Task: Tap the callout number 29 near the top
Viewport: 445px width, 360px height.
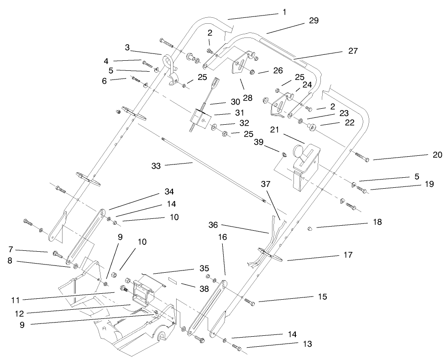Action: pyautogui.click(x=313, y=21)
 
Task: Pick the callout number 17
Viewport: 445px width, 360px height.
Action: pyautogui.click(x=348, y=255)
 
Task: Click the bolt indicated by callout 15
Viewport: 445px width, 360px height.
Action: pyautogui.click(x=249, y=301)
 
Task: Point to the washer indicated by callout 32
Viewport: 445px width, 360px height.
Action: pyautogui.click(x=215, y=127)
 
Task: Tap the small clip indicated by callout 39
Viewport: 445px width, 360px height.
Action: pyautogui.click(x=284, y=154)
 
